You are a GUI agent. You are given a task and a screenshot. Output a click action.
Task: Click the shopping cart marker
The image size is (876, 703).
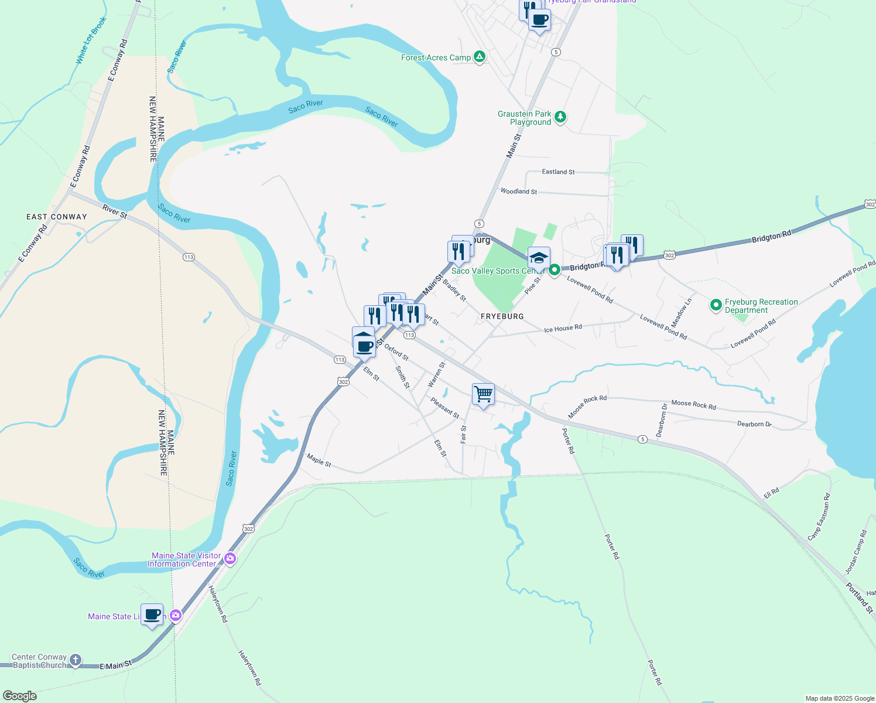483,394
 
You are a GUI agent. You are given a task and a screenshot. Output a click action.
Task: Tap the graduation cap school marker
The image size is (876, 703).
538,258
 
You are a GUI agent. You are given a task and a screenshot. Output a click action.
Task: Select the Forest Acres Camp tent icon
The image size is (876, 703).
480,57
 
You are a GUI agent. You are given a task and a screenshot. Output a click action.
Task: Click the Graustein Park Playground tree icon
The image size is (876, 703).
560,117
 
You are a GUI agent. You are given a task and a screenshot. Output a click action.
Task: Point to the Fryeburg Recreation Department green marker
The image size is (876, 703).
715,305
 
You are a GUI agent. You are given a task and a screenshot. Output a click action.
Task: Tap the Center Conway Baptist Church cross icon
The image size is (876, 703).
76,660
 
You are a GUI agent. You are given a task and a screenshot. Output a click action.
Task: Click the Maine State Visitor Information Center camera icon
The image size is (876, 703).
230,559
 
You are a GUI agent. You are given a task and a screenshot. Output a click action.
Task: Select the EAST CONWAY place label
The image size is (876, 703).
57,217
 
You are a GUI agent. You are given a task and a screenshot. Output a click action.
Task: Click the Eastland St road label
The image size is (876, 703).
558,172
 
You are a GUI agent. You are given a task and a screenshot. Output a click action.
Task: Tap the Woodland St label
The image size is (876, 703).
519,192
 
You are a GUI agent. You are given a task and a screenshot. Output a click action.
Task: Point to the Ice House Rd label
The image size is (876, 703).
563,329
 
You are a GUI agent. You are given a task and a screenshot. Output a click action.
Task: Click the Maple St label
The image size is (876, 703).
319,460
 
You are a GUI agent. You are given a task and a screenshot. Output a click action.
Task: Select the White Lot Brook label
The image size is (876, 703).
91,40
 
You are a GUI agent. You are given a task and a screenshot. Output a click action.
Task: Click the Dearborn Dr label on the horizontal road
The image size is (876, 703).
754,424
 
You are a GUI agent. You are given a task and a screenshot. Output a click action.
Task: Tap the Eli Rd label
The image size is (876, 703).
771,493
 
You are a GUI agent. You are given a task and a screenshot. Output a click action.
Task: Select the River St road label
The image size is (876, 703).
115,211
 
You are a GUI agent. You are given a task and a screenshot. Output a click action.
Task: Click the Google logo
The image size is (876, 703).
20,696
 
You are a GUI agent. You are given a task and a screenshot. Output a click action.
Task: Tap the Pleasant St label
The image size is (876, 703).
445,408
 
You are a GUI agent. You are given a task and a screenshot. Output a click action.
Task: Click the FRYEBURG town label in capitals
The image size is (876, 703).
502,316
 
